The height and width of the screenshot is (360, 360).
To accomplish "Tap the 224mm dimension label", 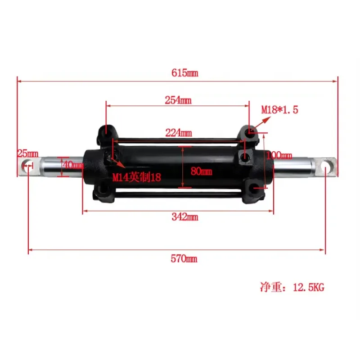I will pyautogui.click(x=178, y=133).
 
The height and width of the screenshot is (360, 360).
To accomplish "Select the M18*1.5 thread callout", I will pyautogui.click(x=280, y=109).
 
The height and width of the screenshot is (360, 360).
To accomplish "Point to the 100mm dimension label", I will pyautogui.click(x=279, y=155).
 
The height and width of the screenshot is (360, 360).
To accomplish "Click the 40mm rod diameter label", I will pyautogui.click(x=73, y=165).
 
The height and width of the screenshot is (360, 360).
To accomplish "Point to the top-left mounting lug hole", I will pyautogui.click(x=105, y=130).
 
